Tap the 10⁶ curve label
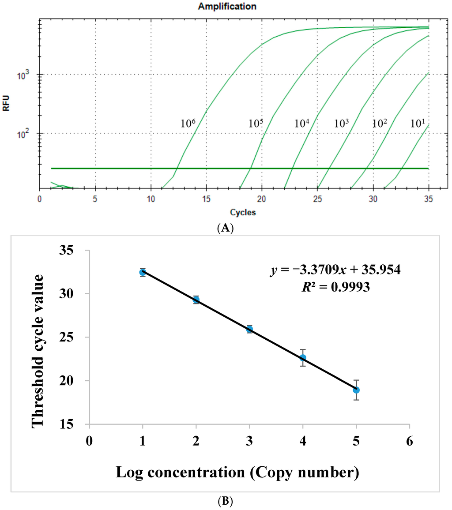tap(188, 123)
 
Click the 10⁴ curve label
tap(303, 123)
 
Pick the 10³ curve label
tap(342, 123)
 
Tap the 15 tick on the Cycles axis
tap(206, 199)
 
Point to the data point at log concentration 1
tap(143, 272)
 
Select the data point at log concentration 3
tap(249, 329)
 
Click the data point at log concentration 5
tap(356, 390)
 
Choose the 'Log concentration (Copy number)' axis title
tap(237, 472)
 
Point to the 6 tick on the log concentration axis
tap(410, 441)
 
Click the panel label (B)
tap(226, 502)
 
